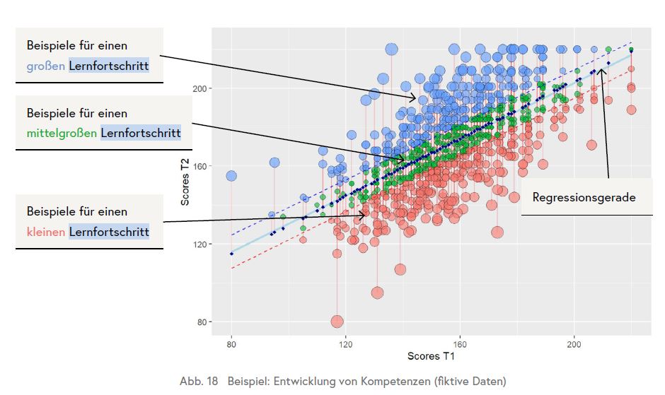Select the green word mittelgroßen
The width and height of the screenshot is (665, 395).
coord(62,133)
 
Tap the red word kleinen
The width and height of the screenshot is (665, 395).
coord(46,232)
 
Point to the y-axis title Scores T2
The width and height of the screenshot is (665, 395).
coord(185,182)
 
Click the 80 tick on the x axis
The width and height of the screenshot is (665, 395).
coord(231,344)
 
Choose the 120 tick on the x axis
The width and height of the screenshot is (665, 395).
coord(346,344)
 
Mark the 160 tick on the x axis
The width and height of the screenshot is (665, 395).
coord(461,344)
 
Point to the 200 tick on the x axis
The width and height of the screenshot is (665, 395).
coord(574,344)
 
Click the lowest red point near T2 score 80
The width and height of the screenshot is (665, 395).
coord(337,322)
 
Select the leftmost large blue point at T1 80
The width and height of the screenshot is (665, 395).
coord(231,176)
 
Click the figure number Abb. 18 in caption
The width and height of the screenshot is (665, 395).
coord(199,382)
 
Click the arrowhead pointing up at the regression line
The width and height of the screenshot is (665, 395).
coord(602,69)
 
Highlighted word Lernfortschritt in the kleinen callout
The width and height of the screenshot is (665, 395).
coord(109,232)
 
